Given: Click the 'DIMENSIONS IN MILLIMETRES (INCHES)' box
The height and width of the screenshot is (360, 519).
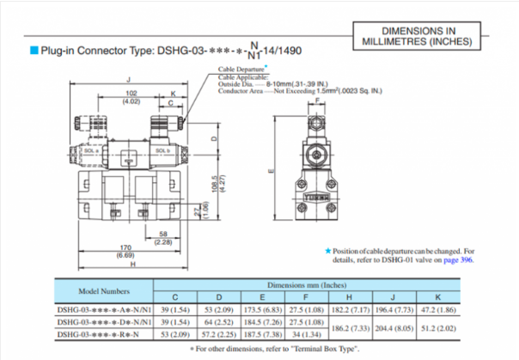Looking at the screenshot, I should point(419,35).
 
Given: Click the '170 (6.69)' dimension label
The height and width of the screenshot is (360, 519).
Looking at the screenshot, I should point(125,252).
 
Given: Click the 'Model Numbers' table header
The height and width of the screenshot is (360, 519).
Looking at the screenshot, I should point(92,291).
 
